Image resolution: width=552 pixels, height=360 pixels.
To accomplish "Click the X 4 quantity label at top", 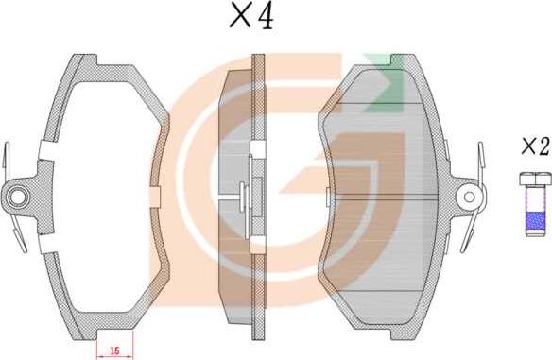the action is [x=251, y=16].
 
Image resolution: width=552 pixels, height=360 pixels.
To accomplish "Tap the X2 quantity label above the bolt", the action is [x=536, y=146].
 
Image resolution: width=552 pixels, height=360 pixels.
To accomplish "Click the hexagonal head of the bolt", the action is [x=535, y=179].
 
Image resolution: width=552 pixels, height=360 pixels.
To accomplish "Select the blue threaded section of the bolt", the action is [x=535, y=221].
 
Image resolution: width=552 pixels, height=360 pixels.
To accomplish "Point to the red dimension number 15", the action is [x=114, y=351].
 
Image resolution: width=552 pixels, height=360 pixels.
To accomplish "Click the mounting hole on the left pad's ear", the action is [x=16, y=197].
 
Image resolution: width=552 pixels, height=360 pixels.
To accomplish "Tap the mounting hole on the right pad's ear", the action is [x=469, y=197].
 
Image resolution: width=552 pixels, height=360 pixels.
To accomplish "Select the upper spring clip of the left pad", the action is [x=6, y=160].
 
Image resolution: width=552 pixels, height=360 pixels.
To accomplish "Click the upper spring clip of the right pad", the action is [x=480, y=160].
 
